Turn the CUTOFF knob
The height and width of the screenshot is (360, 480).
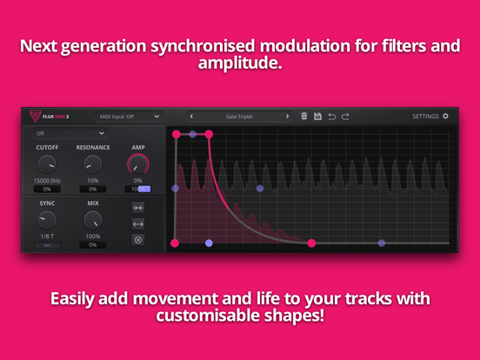pyautogui.click(x=47, y=163)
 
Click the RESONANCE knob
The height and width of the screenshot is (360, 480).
pyautogui.click(x=93, y=163)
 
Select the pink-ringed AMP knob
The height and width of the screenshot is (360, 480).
pyautogui.click(x=138, y=163)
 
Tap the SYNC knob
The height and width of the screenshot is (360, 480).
pyautogui.click(x=47, y=219)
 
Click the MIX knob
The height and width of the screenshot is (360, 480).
pyautogui.click(x=93, y=219)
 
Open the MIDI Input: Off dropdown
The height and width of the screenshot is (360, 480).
pyautogui.click(x=129, y=116)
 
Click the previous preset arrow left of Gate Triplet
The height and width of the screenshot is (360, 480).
pyautogui.click(x=192, y=116)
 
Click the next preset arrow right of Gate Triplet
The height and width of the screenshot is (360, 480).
pyautogui.click(x=287, y=116)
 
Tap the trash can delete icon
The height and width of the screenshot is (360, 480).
pyautogui.click(x=304, y=116)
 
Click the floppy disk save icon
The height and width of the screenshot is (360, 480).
pyautogui.click(x=317, y=116)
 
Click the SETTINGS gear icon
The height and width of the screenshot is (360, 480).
pyautogui.click(x=446, y=116)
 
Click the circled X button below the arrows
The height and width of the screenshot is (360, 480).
pyautogui.click(x=138, y=239)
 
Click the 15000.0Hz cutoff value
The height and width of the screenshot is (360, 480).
pyautogui.click(x=47, y=180)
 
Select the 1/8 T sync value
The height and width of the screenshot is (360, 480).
pyautogui.click(x=47, y=237)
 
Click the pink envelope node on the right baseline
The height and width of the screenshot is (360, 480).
pyautogui.click(x=311, y=243)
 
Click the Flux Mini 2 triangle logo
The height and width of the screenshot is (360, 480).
pyautogui.click(x=35, y=116)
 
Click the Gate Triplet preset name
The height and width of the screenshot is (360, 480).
pyautogui.click(x=239, y=116)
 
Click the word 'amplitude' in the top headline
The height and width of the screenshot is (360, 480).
pyautogui.click(x=239, y=63)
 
